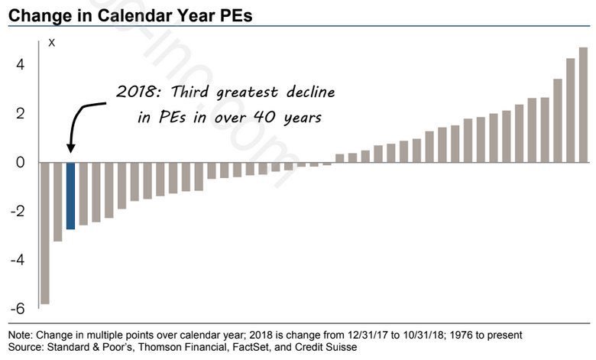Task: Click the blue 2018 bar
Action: (70, 196)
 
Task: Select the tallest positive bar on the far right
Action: (583, 105)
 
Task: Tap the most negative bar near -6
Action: (44, 233)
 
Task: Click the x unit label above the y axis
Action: (51, 43)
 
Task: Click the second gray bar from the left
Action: (57, 202)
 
